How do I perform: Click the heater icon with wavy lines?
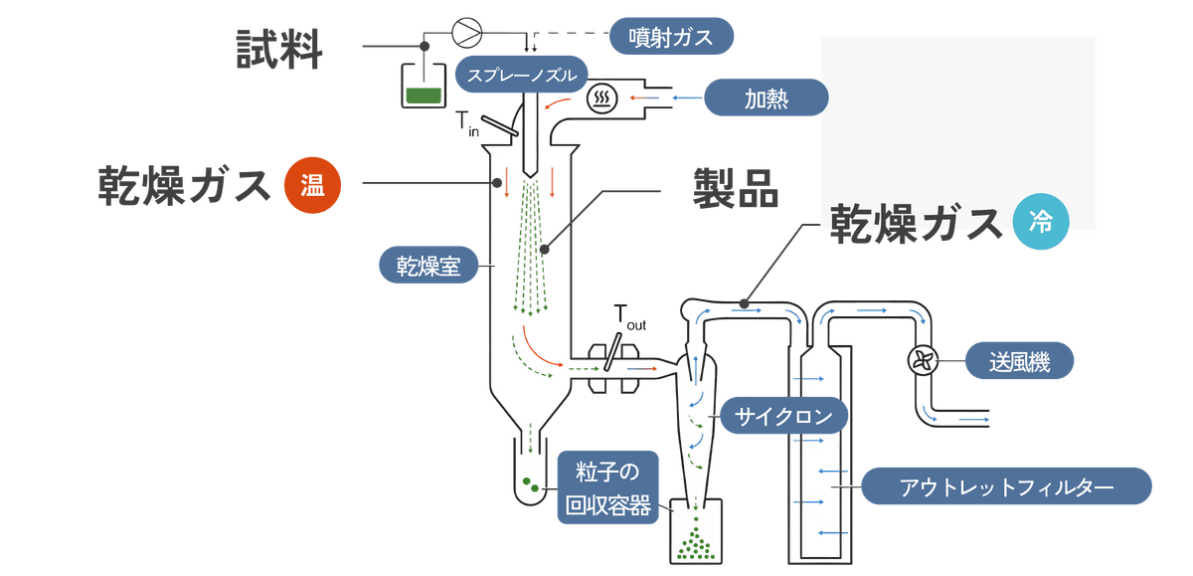pos(600,97)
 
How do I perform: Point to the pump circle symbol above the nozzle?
pos(464,31)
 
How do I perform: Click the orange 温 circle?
pos(312,185)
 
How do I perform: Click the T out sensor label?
pos(630,317)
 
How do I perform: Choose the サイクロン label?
pos(783,416)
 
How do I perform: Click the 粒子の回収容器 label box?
pos(607,487)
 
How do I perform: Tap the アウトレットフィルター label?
pos(1006,488)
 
